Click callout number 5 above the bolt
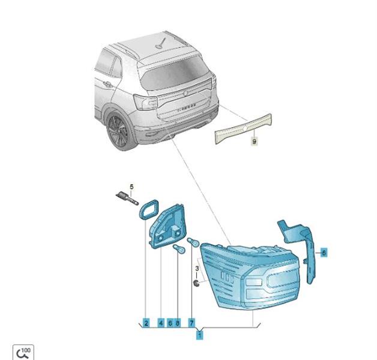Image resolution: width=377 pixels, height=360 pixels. tap(131, 187)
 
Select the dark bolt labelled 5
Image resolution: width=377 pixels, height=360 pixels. tap(127, 198)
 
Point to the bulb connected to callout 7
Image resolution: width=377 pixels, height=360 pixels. tap(193, 242)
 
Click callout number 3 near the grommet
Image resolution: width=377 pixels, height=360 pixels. tap(197, 268)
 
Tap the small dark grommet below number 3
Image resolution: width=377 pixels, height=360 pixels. tap(197, 283)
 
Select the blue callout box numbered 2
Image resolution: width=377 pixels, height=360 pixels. tap(146, 323)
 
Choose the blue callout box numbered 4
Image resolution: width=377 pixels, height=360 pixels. tap(161, 323)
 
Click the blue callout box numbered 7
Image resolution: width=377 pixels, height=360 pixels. tap(192, 323)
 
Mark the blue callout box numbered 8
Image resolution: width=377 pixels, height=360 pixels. tap(178, 323)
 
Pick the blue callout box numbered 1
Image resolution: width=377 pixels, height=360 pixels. tap(199, 335)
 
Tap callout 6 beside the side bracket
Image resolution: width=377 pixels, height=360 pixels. tap(324, 253)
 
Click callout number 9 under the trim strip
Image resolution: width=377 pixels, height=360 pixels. tap(255, 142)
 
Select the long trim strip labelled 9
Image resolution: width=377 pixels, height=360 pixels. tap(243, 129)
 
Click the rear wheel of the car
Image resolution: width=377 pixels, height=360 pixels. tap(118, 131)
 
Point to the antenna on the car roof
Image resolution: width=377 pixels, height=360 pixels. tap(160, 43)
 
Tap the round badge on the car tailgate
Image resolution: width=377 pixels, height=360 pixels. tap(185, 94)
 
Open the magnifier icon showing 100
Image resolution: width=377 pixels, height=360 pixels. tap(23, 352)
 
